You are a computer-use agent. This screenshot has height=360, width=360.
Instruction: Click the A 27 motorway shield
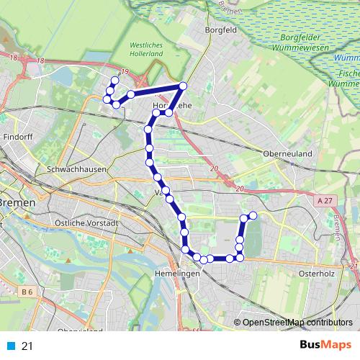pos(325,204)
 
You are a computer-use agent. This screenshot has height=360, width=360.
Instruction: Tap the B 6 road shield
pos(27,292)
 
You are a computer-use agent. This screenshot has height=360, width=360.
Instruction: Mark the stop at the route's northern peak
pos(183,86)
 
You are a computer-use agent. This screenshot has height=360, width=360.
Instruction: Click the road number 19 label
pos(124,71)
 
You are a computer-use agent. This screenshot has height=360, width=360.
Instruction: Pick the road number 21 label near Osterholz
pos(354,267)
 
